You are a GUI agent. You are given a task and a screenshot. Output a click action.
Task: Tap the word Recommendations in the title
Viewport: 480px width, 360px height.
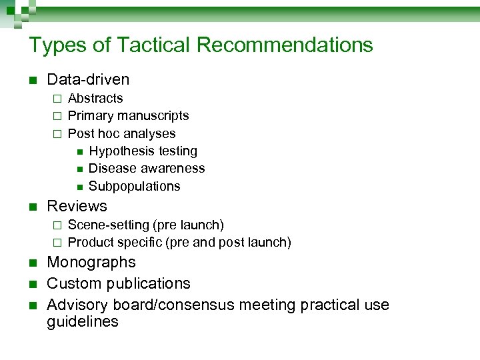pyautogui.click(x=285, y=45)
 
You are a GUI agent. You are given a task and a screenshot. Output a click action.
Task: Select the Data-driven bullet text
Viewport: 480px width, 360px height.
pyautogui.click(x=88, y=80)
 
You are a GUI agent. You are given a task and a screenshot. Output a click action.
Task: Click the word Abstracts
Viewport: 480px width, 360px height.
pyautogui.click(x=95, y=99)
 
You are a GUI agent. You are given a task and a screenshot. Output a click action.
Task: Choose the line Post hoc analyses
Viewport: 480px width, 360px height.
pyautogui.click(x=121, y=133)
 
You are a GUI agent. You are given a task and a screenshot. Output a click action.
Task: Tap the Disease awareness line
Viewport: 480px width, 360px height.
pyautogui.click(x=147, y=169)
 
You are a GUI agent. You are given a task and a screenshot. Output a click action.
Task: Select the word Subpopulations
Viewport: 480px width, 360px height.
pyautogui.click(x=134, y=186)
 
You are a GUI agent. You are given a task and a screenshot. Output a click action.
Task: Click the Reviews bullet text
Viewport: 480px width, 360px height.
pyautogui.click(x=77, y=206)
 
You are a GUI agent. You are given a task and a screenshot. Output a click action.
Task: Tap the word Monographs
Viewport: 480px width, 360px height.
pyautogui.click(x=91, y=262)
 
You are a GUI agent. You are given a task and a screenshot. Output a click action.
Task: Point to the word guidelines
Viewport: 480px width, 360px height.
pyautogui.click(x=83, y=321)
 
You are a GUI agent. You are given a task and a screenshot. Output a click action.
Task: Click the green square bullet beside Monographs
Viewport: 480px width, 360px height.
pyautogui.click(x=32, y=263)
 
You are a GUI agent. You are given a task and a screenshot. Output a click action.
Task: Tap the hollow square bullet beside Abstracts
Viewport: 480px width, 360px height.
pyautogui.click(x=57, y=99)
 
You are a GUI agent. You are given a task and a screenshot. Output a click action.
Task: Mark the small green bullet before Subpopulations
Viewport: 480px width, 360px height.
pyautogui.click(x=79, y=187)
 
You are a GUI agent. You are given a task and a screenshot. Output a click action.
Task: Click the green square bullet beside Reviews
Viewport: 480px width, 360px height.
pyautogui.click(x=32, y=207)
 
